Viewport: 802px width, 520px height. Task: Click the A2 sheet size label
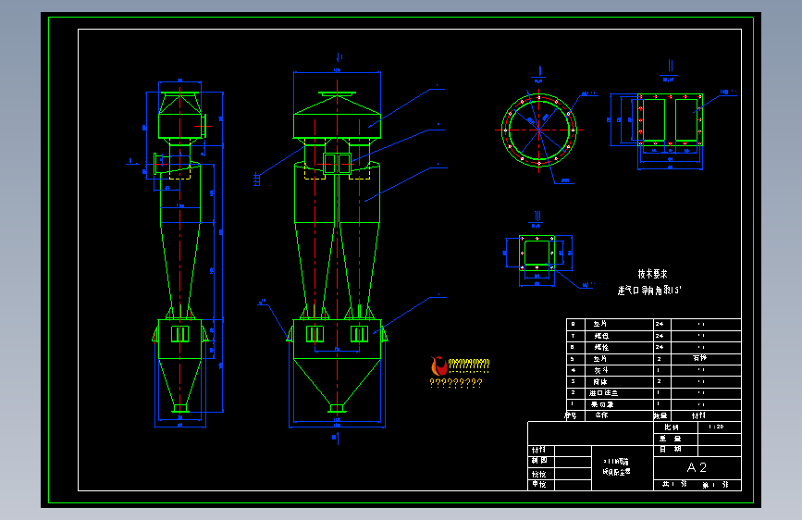click(697, 467)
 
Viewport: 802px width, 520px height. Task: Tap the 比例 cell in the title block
click(671, 427)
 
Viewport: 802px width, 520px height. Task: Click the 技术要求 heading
click(652, 275)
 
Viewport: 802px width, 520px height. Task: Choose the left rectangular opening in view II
click(653, 119)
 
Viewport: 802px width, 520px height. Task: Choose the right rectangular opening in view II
click(686, 119)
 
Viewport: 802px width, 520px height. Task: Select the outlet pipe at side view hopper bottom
click(180, 407)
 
